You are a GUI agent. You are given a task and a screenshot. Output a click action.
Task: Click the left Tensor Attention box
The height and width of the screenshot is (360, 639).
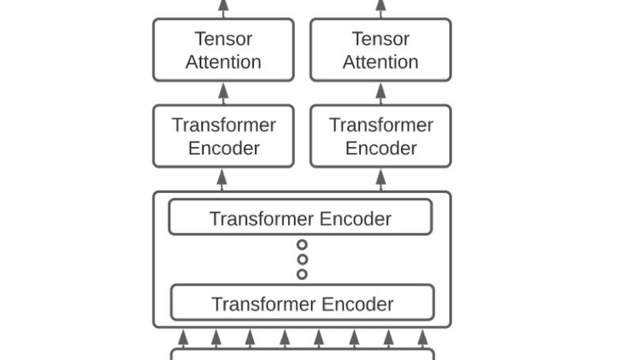223,50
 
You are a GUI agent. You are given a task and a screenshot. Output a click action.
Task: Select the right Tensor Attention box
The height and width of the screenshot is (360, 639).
380,50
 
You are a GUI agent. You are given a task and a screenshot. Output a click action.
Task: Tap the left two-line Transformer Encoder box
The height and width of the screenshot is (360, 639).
223,136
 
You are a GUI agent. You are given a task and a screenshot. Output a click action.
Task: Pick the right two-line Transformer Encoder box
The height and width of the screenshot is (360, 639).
380,136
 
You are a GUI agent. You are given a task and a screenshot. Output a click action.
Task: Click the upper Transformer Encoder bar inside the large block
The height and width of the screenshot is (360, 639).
300,218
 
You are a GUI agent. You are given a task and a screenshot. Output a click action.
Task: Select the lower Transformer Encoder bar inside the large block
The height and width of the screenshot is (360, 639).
302,303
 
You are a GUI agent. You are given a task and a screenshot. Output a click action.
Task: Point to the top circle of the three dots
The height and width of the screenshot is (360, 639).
302,245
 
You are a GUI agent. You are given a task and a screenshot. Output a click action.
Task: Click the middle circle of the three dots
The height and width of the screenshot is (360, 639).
302,260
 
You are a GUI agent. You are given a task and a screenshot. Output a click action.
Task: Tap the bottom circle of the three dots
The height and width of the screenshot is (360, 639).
302,274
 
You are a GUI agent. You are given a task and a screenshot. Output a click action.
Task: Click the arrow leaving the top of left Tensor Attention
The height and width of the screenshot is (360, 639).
223,8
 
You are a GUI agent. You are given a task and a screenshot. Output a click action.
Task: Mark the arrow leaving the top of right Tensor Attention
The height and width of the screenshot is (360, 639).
380,8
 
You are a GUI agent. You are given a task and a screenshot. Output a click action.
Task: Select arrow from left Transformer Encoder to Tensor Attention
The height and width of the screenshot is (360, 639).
223,93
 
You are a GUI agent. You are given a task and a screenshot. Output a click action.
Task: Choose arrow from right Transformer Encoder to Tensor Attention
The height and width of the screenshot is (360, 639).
380,93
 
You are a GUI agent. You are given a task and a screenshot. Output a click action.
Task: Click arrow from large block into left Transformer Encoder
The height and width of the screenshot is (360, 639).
222,180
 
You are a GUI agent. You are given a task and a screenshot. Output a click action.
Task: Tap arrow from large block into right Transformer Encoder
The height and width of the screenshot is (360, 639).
380,180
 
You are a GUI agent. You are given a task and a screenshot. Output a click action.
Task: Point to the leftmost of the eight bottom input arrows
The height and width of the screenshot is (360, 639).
183,338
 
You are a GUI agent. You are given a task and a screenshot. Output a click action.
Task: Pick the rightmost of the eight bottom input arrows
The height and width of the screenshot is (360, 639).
422,338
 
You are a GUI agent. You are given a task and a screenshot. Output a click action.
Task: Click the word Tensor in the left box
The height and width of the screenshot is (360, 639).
223,39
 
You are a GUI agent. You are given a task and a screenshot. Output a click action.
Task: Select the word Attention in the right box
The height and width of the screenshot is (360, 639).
380,62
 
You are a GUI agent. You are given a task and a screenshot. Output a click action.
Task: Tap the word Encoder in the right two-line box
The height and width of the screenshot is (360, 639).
380,148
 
